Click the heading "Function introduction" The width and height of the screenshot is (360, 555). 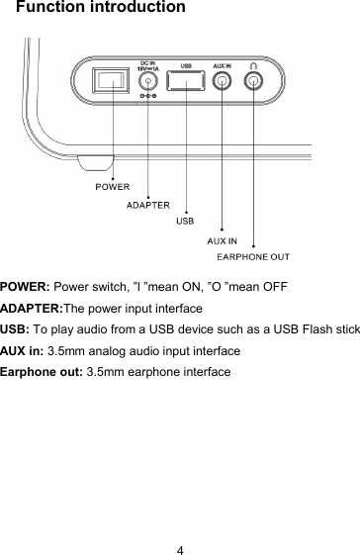[100, 9]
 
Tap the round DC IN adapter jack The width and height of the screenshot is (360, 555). [149, 84]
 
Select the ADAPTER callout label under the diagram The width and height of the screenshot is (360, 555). [146, 205]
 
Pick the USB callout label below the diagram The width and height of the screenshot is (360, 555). [185, 220]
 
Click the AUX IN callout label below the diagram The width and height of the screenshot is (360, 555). [222, 240]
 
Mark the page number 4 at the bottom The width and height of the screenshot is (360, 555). [180, 523]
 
